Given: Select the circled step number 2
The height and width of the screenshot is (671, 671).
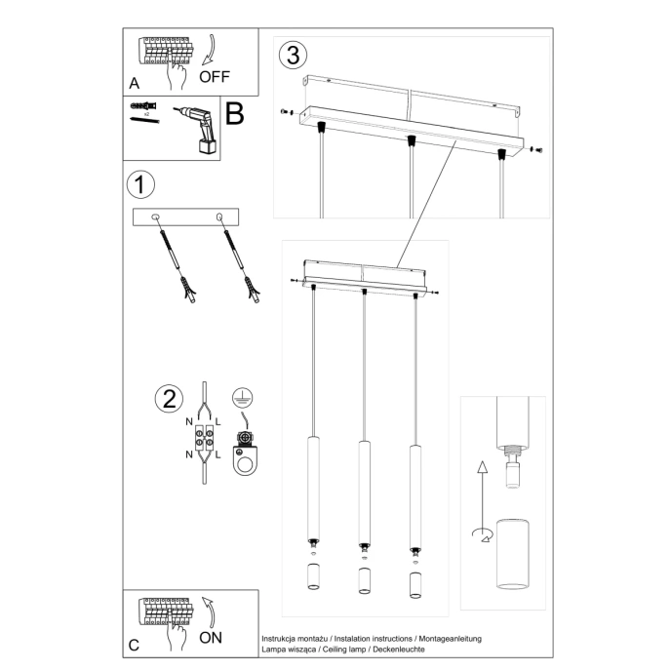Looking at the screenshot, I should tap(169, 399).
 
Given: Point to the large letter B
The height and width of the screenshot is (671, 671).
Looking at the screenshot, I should tap(234, 114).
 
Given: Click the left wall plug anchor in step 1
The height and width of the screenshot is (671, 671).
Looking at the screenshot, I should tap(174, 259).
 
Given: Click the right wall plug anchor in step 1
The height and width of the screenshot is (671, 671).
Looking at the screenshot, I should tap(243, 259).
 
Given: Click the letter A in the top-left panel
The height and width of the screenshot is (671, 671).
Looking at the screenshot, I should tap(134, 83).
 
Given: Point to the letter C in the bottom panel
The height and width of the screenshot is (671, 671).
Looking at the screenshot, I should tap(134, 645).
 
